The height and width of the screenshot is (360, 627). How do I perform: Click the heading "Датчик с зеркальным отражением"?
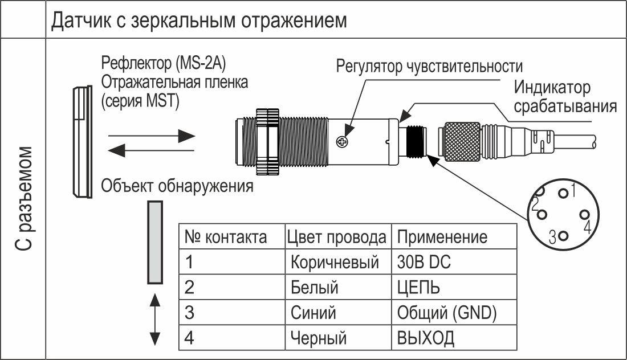click(199, 21)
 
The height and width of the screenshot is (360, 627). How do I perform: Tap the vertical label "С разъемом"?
click(24, 199)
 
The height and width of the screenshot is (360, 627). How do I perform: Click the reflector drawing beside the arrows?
click(83, 142)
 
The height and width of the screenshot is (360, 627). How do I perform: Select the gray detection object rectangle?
click(154, 243)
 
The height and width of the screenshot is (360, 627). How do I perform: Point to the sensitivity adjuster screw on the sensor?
click(342, 141)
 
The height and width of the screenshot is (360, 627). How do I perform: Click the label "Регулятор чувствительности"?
click(429, 66)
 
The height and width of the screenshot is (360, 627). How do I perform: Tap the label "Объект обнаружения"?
click(177, 186)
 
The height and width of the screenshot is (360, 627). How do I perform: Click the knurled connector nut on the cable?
click(462, 142)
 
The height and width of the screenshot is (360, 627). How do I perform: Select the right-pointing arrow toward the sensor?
click(152, 136)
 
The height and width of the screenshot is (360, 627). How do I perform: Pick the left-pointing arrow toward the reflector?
click(151, 150)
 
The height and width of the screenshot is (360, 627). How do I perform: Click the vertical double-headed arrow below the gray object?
click(154, 320)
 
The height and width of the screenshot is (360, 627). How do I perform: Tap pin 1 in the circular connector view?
click(563, 194)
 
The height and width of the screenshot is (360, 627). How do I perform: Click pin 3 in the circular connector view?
click(563, 236)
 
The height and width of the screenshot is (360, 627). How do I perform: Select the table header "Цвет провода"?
click(337, 238)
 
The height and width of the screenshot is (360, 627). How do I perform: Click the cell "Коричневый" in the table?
click(335, 263)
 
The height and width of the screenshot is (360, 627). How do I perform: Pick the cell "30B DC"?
click(424, 262)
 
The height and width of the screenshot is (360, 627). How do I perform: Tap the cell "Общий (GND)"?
click(447, 313)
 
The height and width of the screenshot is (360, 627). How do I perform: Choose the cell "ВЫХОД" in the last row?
click(425, 338)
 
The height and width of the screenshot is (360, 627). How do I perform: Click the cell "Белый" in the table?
click(314, 288)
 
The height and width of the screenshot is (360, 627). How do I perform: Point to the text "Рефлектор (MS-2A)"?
click(164, 63)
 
